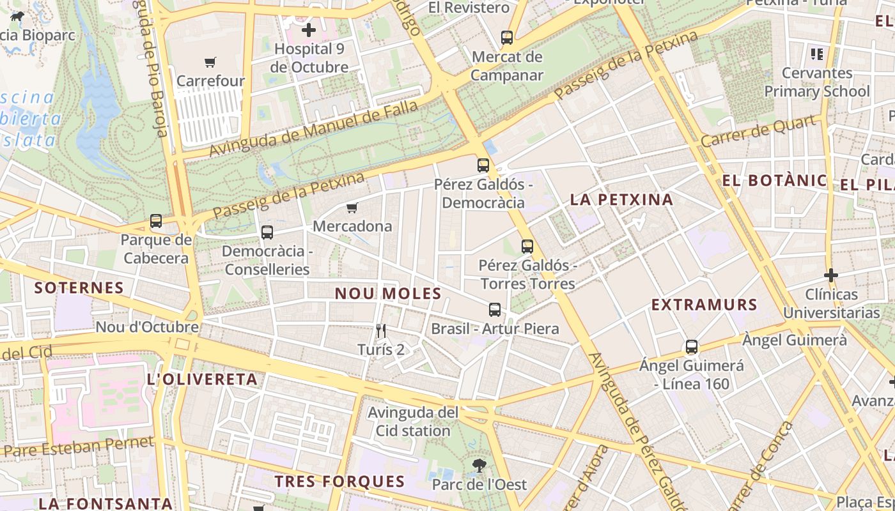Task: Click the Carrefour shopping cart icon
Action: point(210,62)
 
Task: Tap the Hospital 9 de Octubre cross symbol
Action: point(309,30)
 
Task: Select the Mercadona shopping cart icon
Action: point(352,208)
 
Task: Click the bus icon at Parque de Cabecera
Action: point(156,222)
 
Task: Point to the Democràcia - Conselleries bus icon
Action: point(267,233)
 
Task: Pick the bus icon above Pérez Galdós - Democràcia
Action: point(483,165)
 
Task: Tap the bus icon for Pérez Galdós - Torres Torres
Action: point(527,246)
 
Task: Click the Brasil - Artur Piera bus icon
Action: point(495,310)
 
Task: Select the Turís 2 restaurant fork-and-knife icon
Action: point(381,330)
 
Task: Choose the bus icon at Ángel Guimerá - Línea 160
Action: point(692,347)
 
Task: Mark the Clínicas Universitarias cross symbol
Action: point(831,275)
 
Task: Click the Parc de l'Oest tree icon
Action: point(479,466)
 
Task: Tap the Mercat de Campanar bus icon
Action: point(507,38)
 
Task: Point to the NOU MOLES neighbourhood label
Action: point(389,294)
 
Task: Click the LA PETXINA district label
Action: point(621,199)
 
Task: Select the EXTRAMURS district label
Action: point(704,305)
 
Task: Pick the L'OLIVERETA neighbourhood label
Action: point(202,379)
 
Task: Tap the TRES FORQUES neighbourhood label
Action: point(340,482)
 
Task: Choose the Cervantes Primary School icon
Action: point(816,54)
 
